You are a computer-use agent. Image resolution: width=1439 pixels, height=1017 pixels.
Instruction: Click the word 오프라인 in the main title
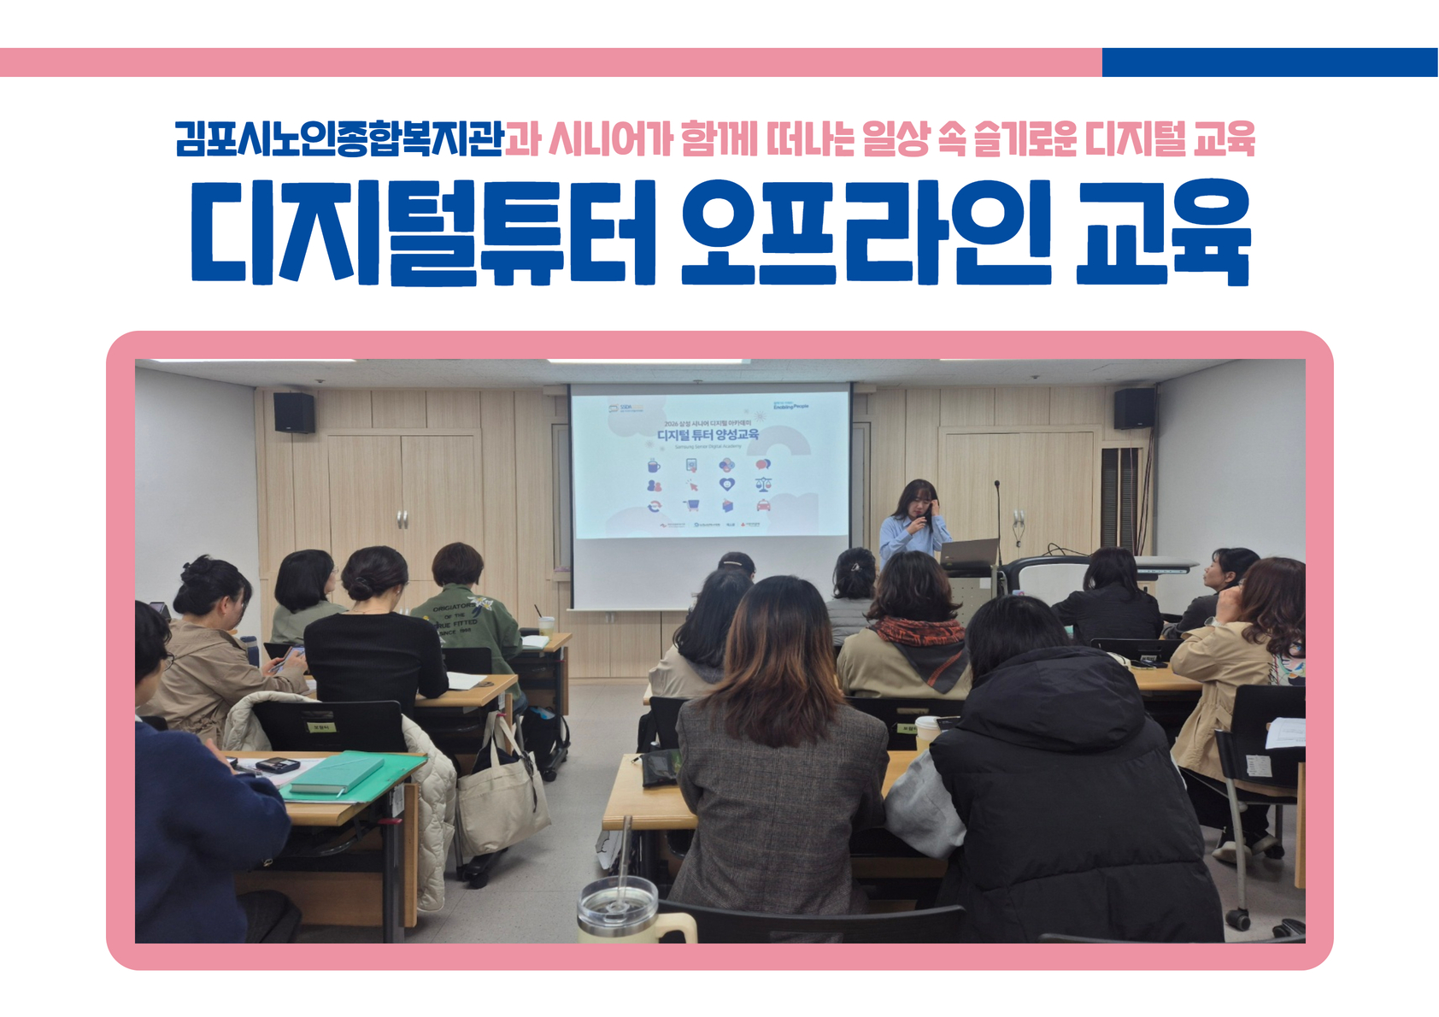tap(866, 232)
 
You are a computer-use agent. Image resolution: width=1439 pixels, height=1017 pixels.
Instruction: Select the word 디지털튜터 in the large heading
tap(423, 232)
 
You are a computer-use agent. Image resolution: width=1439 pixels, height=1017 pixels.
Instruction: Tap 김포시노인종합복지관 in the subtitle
tap(339, 138)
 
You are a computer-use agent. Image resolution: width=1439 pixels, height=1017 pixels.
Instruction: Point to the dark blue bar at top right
tap(1269, 62)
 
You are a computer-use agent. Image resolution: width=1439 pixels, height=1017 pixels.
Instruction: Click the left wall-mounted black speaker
tap(294, 412)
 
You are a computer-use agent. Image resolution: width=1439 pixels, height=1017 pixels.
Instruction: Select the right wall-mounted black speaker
tap(1134, 408)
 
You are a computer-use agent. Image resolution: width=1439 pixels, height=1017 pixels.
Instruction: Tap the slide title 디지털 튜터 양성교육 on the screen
tap(708, 435)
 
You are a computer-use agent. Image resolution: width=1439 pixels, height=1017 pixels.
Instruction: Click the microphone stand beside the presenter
tap(997, 521)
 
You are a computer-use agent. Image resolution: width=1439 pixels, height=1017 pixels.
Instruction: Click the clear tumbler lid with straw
tap(617, 897)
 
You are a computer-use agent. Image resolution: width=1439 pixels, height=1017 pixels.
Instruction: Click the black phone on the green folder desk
tap(277, 765)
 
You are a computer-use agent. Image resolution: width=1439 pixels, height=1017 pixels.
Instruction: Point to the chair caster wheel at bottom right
tap(1237, 920)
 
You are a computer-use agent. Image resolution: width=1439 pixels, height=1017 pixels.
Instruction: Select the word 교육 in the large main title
tap(1162, 232)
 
